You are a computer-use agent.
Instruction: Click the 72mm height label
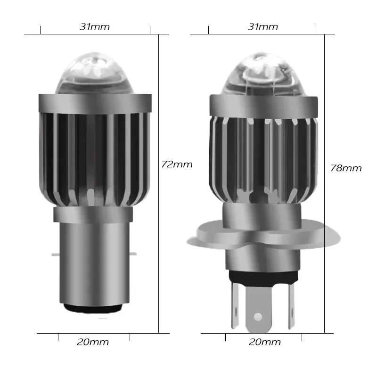pos(177,164)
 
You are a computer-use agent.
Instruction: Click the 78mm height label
pos(346,168)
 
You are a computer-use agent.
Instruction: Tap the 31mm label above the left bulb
pos(95,27)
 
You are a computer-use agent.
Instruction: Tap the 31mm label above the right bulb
pos(263,27)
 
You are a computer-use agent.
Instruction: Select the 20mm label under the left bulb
pos(93,342)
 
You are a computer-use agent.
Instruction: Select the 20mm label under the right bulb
pos(265,342)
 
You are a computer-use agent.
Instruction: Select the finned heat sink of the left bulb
pos(94,156)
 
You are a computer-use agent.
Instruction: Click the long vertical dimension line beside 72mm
pos(159,188)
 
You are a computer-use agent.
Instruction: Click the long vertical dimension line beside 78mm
pos(325,188)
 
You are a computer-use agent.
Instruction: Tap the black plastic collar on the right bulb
pos(262,276)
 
